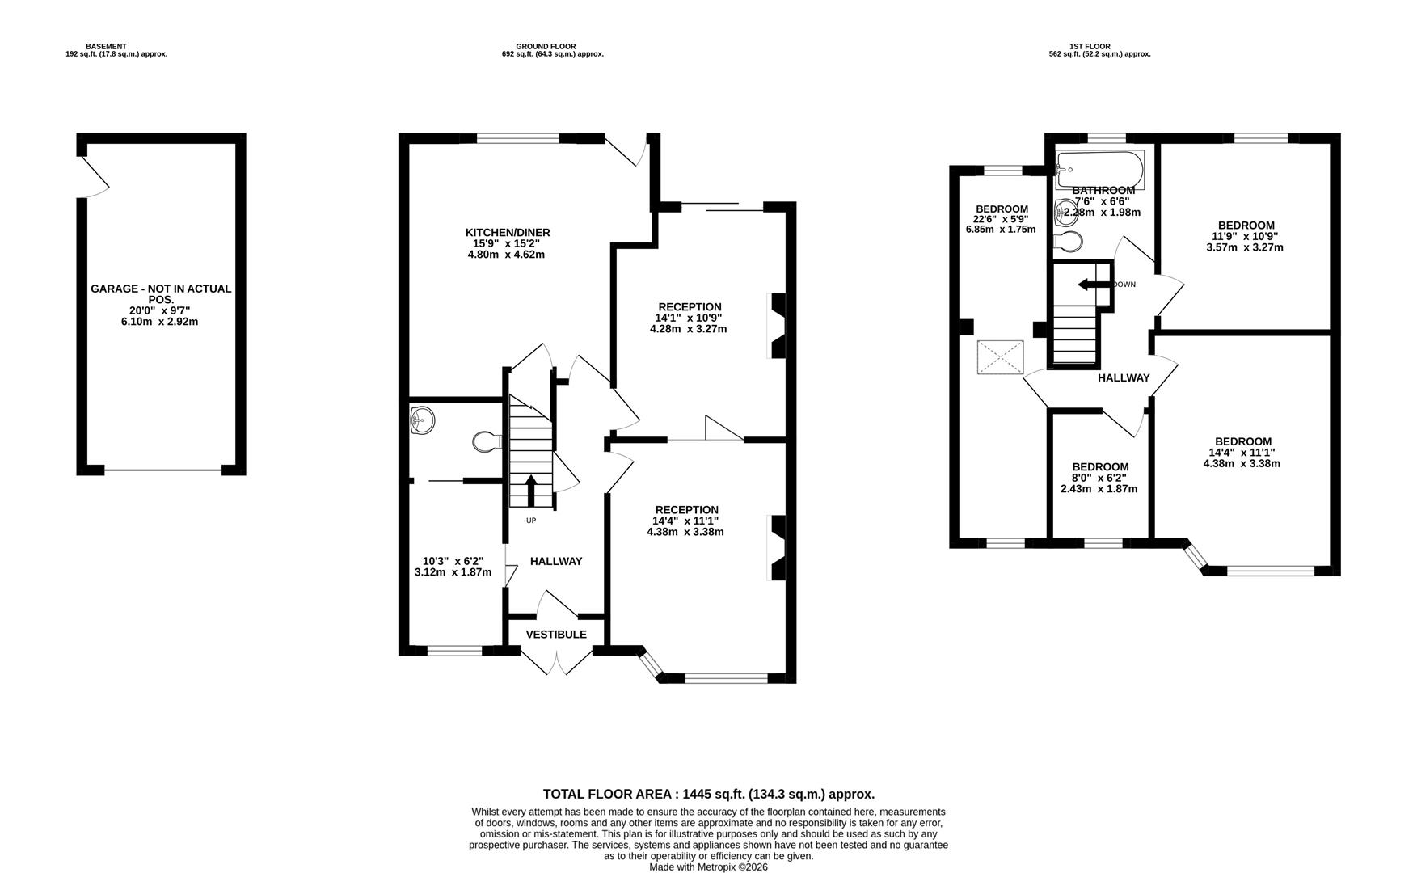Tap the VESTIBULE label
[556, 635]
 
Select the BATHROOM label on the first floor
[1103, 191]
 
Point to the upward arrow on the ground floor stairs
[531, 490]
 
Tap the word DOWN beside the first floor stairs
[1124, 285]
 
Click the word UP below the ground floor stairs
[531, 521]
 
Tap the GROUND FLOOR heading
[546, 47]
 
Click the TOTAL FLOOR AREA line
[709, 795]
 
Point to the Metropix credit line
[709, 867]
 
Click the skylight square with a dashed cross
[1001, 358]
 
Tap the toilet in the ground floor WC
[487, 441]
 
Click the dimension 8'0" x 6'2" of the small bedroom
[1099, 478]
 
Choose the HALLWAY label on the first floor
[1124, 377]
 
